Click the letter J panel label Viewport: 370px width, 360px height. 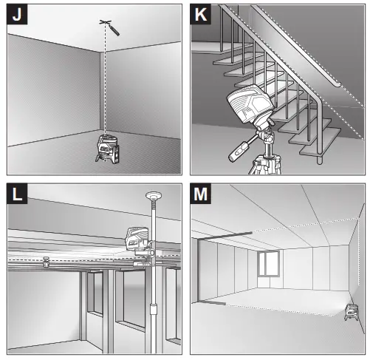pos(17,15)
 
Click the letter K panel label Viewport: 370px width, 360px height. pos(200,15)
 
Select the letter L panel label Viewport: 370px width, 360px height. pos(17,194)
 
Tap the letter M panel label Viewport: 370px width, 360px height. pos(200,194)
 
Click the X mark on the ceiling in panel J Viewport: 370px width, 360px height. pos(106,22)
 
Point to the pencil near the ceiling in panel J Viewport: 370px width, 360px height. pos(114,30)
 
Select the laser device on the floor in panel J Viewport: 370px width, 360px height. pos(107,149)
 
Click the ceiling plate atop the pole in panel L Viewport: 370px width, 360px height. pos(154,196)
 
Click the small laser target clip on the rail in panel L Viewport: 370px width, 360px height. pos(46,262)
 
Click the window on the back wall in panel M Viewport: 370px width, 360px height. pos(269,263)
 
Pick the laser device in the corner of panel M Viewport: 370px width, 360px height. pos(352,312)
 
